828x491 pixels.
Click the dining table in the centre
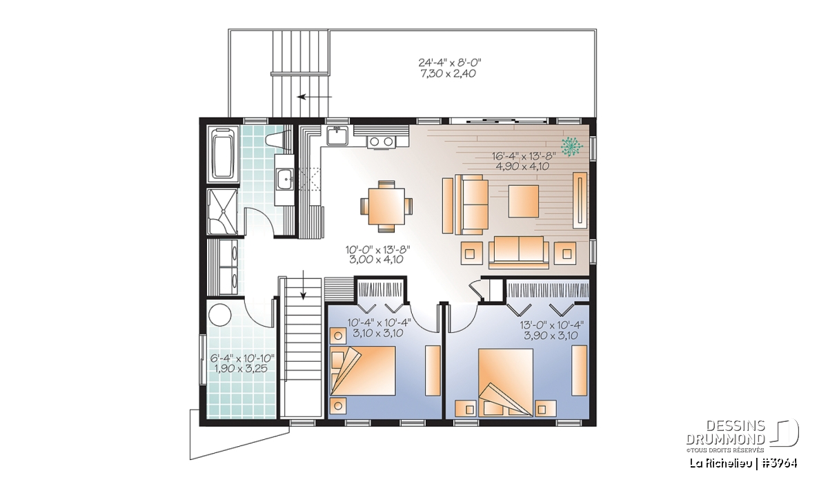(386, 206)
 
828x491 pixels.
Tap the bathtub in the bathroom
(224, 154)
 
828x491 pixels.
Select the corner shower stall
(221, 211)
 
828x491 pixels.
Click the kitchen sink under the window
(337, 136)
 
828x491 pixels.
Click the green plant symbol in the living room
(571, 146)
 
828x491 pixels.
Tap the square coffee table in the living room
(524, 201)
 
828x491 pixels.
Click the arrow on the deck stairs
(315, 97)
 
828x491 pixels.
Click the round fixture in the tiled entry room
(220, 315)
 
